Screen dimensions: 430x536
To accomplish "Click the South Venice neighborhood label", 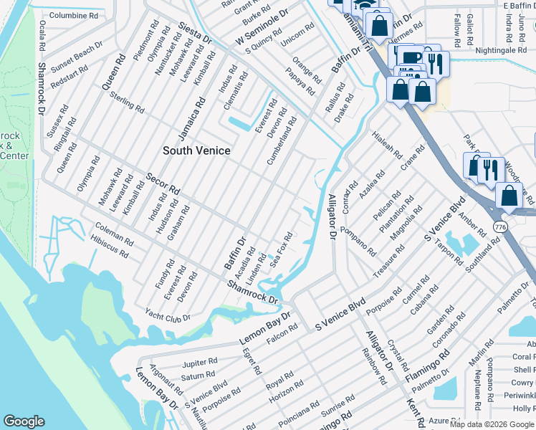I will [196, 150].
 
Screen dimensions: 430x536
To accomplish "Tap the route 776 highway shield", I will [501, 227].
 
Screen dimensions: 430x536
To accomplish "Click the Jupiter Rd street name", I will [199, 363].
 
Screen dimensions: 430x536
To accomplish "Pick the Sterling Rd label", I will [128, 101].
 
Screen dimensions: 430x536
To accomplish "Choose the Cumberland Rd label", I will [282, 141].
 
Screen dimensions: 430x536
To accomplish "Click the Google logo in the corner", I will [24, 421].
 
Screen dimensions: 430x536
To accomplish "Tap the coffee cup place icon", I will [411, 58].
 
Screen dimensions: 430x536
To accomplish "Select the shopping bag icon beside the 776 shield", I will [509, 195].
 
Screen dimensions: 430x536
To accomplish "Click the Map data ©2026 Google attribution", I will [492, 424].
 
